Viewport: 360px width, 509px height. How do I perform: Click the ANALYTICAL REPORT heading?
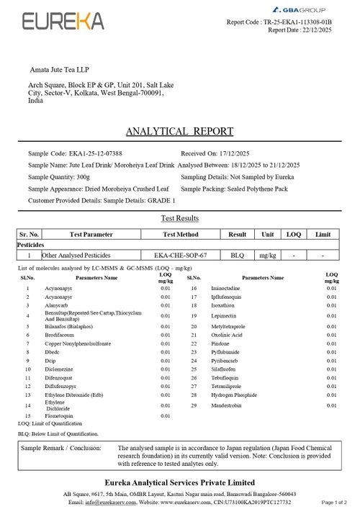(179, 131)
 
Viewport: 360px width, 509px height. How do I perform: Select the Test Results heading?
(179, 218)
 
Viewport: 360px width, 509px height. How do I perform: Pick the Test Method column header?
(180, 235)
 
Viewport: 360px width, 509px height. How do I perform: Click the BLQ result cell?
(238, 255)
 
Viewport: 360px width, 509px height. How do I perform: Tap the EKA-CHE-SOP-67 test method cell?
(180, 255)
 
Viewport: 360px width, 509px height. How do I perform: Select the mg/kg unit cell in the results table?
(268, 255)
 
